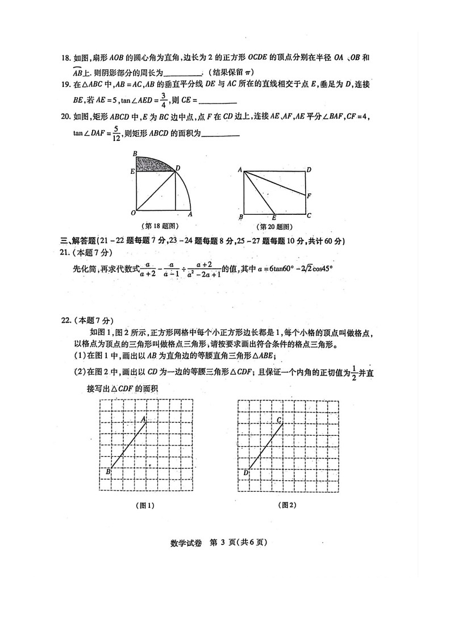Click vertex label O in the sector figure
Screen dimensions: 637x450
(x=132, y=213)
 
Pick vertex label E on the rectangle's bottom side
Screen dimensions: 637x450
(x=274, y=218)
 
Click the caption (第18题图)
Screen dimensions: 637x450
(x=160, y=226)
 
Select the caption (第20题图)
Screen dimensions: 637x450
(x=274, y=226)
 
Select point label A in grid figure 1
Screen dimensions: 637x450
(x=144, y=419)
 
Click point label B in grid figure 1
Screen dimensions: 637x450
(x=107, y=472)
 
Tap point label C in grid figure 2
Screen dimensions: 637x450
(x=279, y=420)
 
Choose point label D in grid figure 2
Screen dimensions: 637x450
(x=245, y=472)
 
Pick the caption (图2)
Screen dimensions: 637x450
(x=287, y=505)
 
